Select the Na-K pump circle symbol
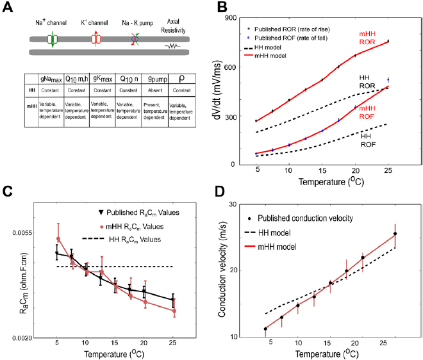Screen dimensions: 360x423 tap(136, 39)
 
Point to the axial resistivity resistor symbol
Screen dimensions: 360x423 tap(172, 46)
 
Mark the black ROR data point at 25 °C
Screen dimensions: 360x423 tap(388, 41)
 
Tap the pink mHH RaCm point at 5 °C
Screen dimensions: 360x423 tap(58, 240)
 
